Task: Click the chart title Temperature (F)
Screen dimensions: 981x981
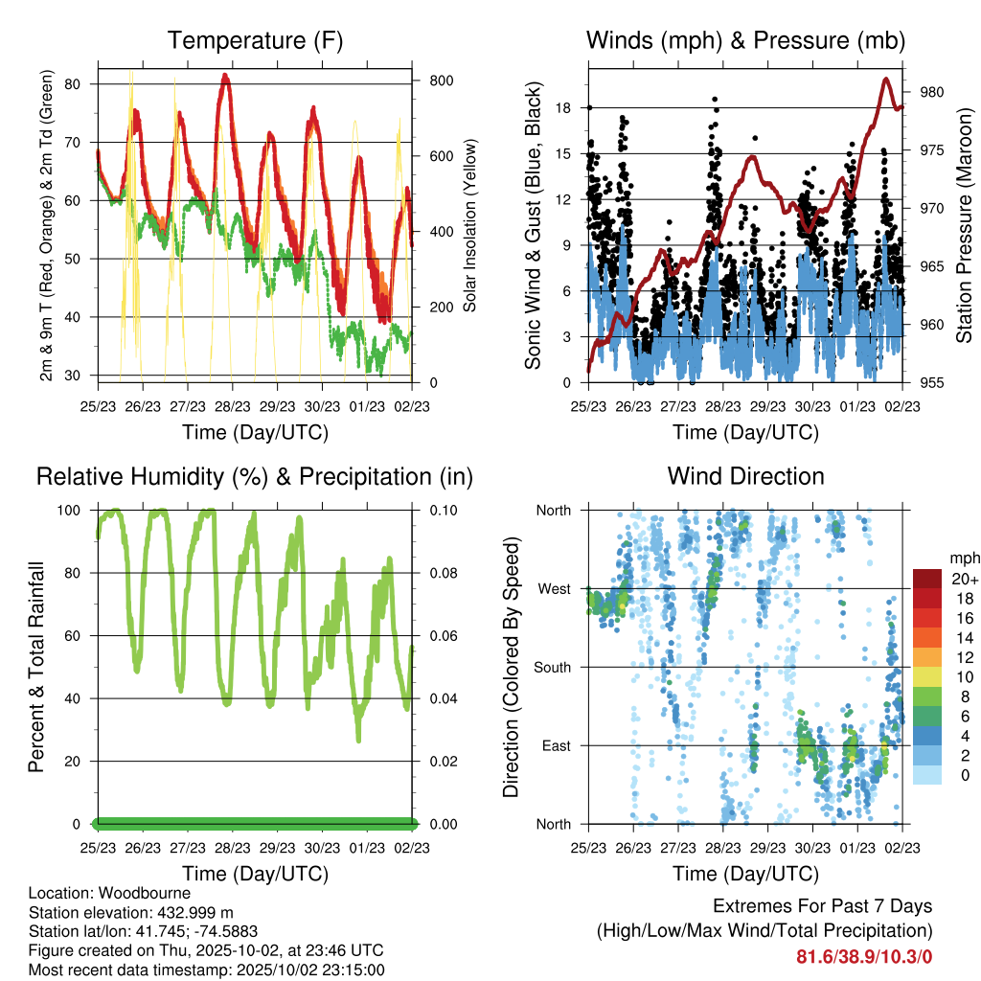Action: (x=255, y=40)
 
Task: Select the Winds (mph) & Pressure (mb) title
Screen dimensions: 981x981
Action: (x=745, y=40)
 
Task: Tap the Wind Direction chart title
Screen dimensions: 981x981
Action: (x=745, y=476)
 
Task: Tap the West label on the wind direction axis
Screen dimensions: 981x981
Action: (x=554, y=589)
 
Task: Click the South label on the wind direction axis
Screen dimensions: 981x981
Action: (x=553, y=668)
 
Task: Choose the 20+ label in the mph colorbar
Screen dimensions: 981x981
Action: (x=964, y=579)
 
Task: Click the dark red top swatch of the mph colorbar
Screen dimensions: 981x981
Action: (x=929, y=579)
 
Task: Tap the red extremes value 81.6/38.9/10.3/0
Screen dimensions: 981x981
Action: (x=864, y=956)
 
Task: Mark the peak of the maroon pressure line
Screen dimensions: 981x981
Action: (x=886, y=79)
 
